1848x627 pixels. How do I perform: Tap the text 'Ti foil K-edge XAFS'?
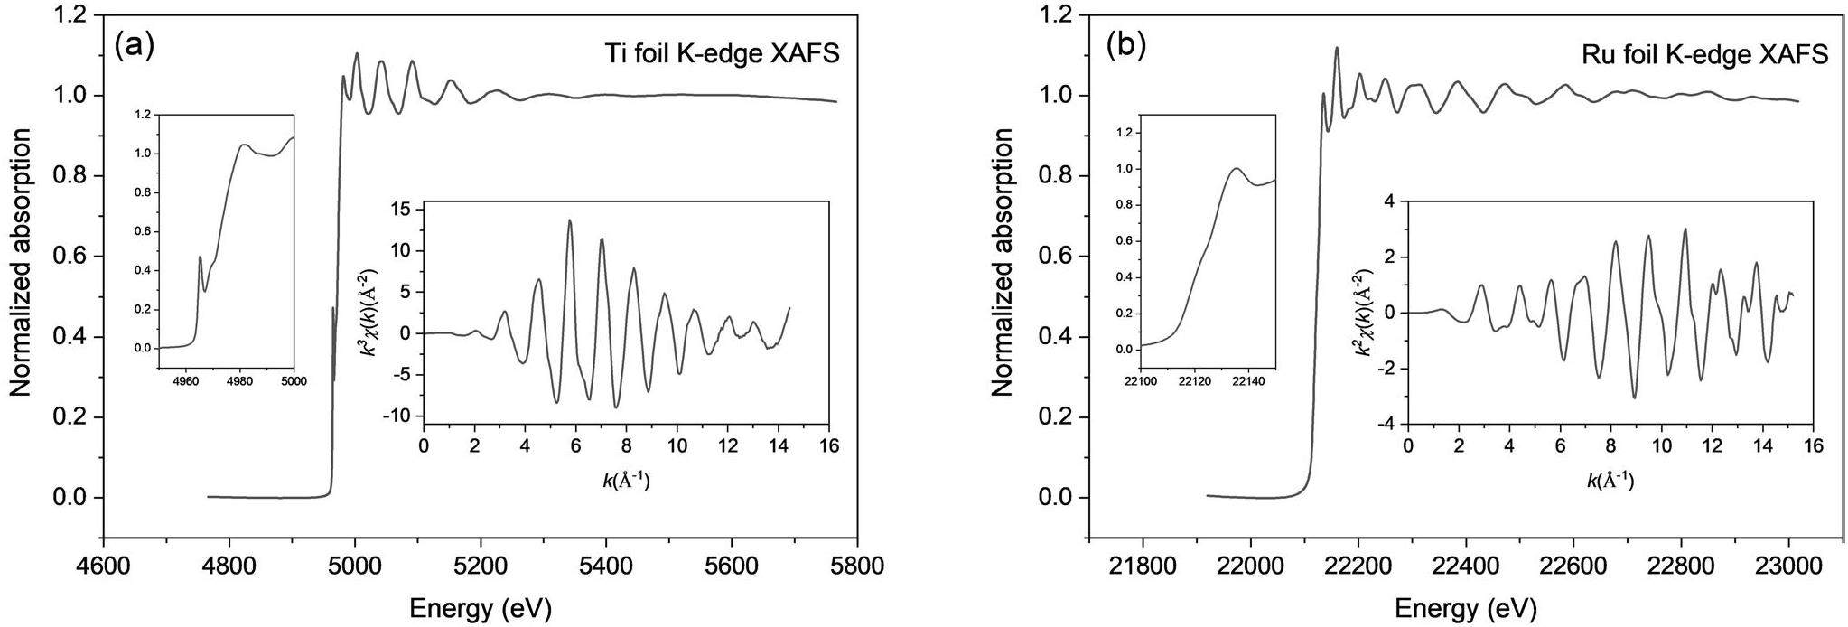click(x=722, y=54)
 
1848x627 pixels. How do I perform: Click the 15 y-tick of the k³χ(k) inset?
click(x=403, y=210)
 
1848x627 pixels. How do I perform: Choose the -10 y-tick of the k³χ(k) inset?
click(x=399, y=416)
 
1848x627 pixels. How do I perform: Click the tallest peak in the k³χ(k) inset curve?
click(x=570, y=220)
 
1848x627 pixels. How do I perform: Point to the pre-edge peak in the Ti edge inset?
click(x=200, y=257)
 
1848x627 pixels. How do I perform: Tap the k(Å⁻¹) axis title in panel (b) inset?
click(x=1610, y=480)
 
